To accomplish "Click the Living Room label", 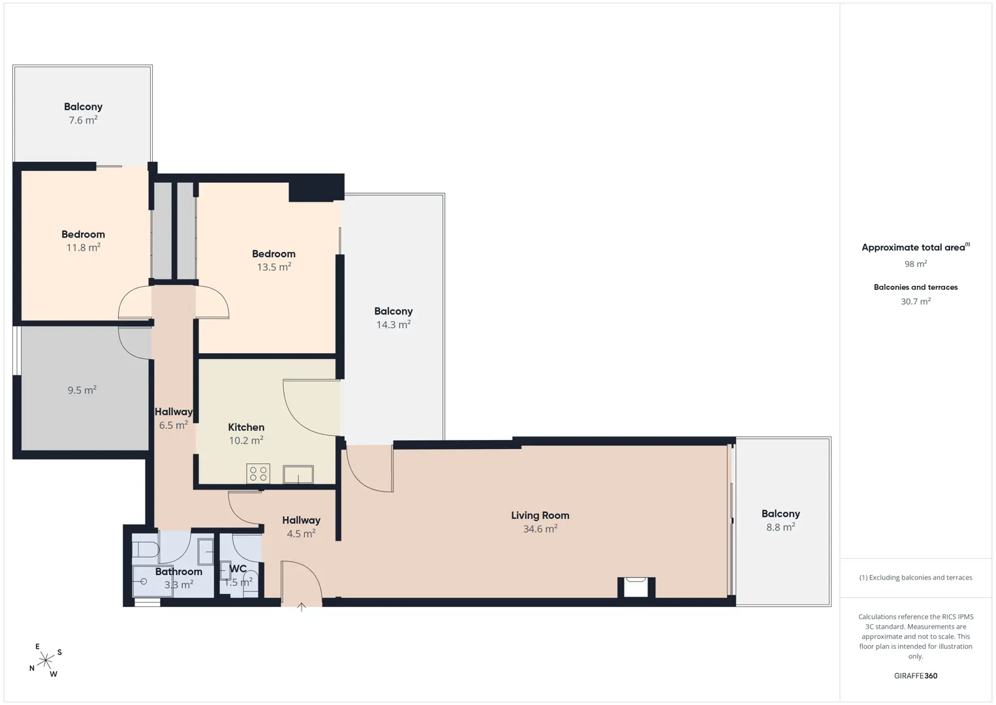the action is click(540, 515).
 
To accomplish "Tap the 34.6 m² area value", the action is click(540, 528).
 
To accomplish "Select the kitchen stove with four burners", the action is click(258, 473).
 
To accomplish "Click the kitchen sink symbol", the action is click(298, 474).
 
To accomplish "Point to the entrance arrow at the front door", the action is click(302, 606).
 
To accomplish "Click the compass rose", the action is click(45, 661).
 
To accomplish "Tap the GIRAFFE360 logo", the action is click(916, 676).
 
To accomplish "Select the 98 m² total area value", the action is click(916, 264).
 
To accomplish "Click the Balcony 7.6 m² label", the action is click(83, 113).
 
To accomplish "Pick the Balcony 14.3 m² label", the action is click(393, 318).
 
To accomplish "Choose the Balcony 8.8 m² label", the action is click(781, 520).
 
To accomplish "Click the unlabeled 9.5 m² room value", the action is click(82, 390).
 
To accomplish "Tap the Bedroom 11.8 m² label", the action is click(83, 241).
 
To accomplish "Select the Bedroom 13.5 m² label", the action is click(273, 260).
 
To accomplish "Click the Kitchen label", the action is click(246, 427).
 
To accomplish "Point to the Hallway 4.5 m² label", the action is click(301, 527).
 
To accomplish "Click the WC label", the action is click(238, 569).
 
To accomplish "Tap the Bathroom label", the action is click(178, 572).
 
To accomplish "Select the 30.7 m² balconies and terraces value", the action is click(916, 301).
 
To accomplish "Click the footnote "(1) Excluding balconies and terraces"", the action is click(916, 577).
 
